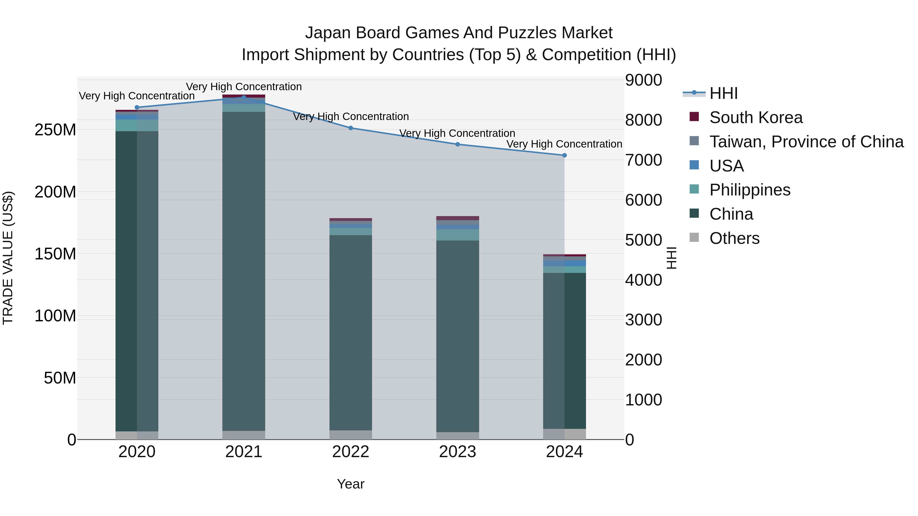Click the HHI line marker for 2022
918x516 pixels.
pos(351,128)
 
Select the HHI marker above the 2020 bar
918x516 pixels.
pos(137,107)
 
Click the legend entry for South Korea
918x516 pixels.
pos(756,117)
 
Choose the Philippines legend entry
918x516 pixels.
pos(749,190)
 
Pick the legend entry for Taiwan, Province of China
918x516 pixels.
pos(806,142)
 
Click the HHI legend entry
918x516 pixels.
pos(723,93)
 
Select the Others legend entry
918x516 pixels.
pos(734,238)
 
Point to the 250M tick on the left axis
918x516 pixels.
pos(55,130)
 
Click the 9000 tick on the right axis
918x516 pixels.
pos(644,80)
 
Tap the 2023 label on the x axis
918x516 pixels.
pos(457,452)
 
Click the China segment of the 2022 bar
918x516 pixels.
pos(351,331)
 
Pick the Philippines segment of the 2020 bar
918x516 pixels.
pos(137,125)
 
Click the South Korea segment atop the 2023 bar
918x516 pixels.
pos(457,218)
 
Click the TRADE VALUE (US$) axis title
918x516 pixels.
pos(8,258)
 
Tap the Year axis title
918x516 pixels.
pos(351,484)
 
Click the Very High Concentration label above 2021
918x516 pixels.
pos(244,87)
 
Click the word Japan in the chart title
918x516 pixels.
pos(328,33)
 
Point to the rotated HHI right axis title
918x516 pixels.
pos(671,258)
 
